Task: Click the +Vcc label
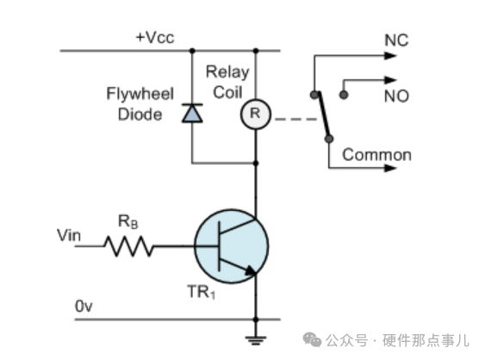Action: pyautogui.click(x=155, y=37)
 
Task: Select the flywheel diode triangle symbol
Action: pyautogui.click(x=192, y=113)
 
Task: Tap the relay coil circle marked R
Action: pyautogui.click(x=256, y=115)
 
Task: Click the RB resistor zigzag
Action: pyautogui.click(x=128, y=246)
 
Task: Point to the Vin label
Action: pyautogui.click(x=69, y=235)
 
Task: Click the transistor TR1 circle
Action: pyautogui.click(x=232, y=246)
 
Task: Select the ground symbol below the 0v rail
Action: pyautogui.click(x=256, y=340)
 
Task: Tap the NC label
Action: pyautogui.click(x=396, y=40)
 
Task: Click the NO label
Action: pyautogui.click(x=396, y=96)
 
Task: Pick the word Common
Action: pyautogui.click(x=376, y=155)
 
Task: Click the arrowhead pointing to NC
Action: pyautogui.click(x=390, y=56)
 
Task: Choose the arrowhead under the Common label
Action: pyautogui.click(x=390, y=168)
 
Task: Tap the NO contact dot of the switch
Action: pyautogui.click(x=344, y=95)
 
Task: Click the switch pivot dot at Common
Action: pyautogui.click(x=329, y=139)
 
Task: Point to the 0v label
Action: pyautogui.click(x=84, y=307)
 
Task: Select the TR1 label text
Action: pyautogui.click(x=201, y=292)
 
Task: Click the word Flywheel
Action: pyautogui.click(x=140, y=93)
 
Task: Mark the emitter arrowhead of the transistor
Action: pyautogui.click(x=251, y=270)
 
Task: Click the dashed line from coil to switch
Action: pyautogui.click(x=296, y=119)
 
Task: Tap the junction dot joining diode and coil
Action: pyautogui.click(x=256, y=163)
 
